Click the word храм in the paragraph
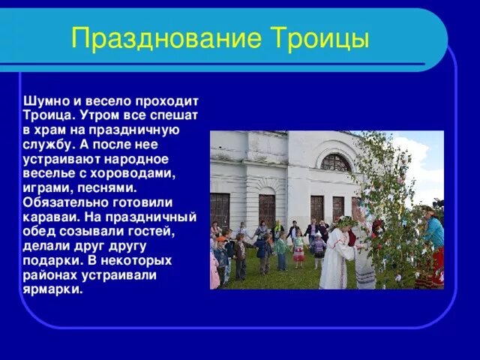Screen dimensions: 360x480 (52, 130)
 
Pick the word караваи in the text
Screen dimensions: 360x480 (50, 217)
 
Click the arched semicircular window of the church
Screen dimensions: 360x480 (335, 162)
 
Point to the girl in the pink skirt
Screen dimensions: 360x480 (299, 250)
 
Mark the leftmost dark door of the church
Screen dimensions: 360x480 (220, 210)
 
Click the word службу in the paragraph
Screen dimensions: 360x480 (49, 144)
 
